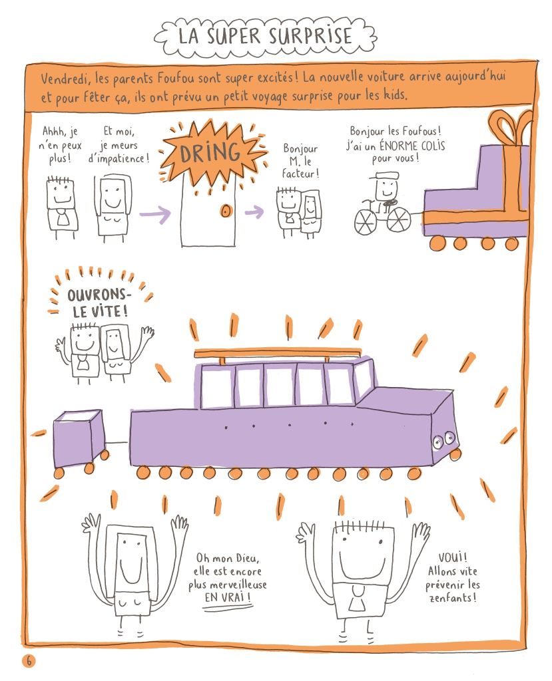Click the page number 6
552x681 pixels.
[x=29, y=661]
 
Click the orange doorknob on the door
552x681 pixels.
[x=225, y=211]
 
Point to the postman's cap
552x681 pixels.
[x=384, y=176]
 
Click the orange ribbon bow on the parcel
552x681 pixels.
[x=510, y=126]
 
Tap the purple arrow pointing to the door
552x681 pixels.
[x=155, y=214]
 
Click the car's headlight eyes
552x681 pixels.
[x=443, y=440]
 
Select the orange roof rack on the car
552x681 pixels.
[x=278, y=354]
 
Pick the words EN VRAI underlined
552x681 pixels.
[x=227, y=598]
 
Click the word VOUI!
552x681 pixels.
[x=452, y=557]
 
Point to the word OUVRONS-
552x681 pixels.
[x=99, y=295]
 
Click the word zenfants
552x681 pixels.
[x=452, y=598]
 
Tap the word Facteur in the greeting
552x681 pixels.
[x=300, y=174]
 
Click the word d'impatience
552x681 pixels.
[x=119, y=158]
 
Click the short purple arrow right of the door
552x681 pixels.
[x=254, y=212]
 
